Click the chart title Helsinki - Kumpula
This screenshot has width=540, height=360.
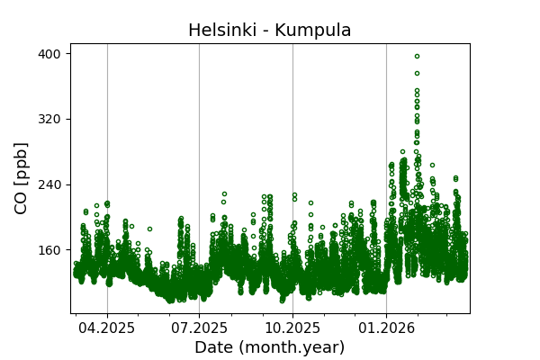coord(270,31)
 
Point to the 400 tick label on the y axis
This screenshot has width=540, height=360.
coord(49,54)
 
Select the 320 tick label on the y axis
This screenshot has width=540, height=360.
coord(49,119)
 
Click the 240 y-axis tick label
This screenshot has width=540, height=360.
coord(49,184)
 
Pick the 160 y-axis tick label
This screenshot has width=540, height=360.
coord(49,250)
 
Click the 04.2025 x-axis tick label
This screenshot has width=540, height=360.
coord(107,328)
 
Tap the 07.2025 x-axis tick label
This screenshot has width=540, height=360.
coord(199,328)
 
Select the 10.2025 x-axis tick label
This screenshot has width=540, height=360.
coord(292,328)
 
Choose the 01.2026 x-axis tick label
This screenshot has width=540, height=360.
coord(386,328)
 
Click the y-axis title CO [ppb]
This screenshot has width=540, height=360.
coord(22,177)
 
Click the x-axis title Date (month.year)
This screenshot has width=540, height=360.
coord(270,347)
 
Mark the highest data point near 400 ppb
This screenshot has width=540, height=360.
coord(417,56)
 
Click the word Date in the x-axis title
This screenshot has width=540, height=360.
coord(213,347)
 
